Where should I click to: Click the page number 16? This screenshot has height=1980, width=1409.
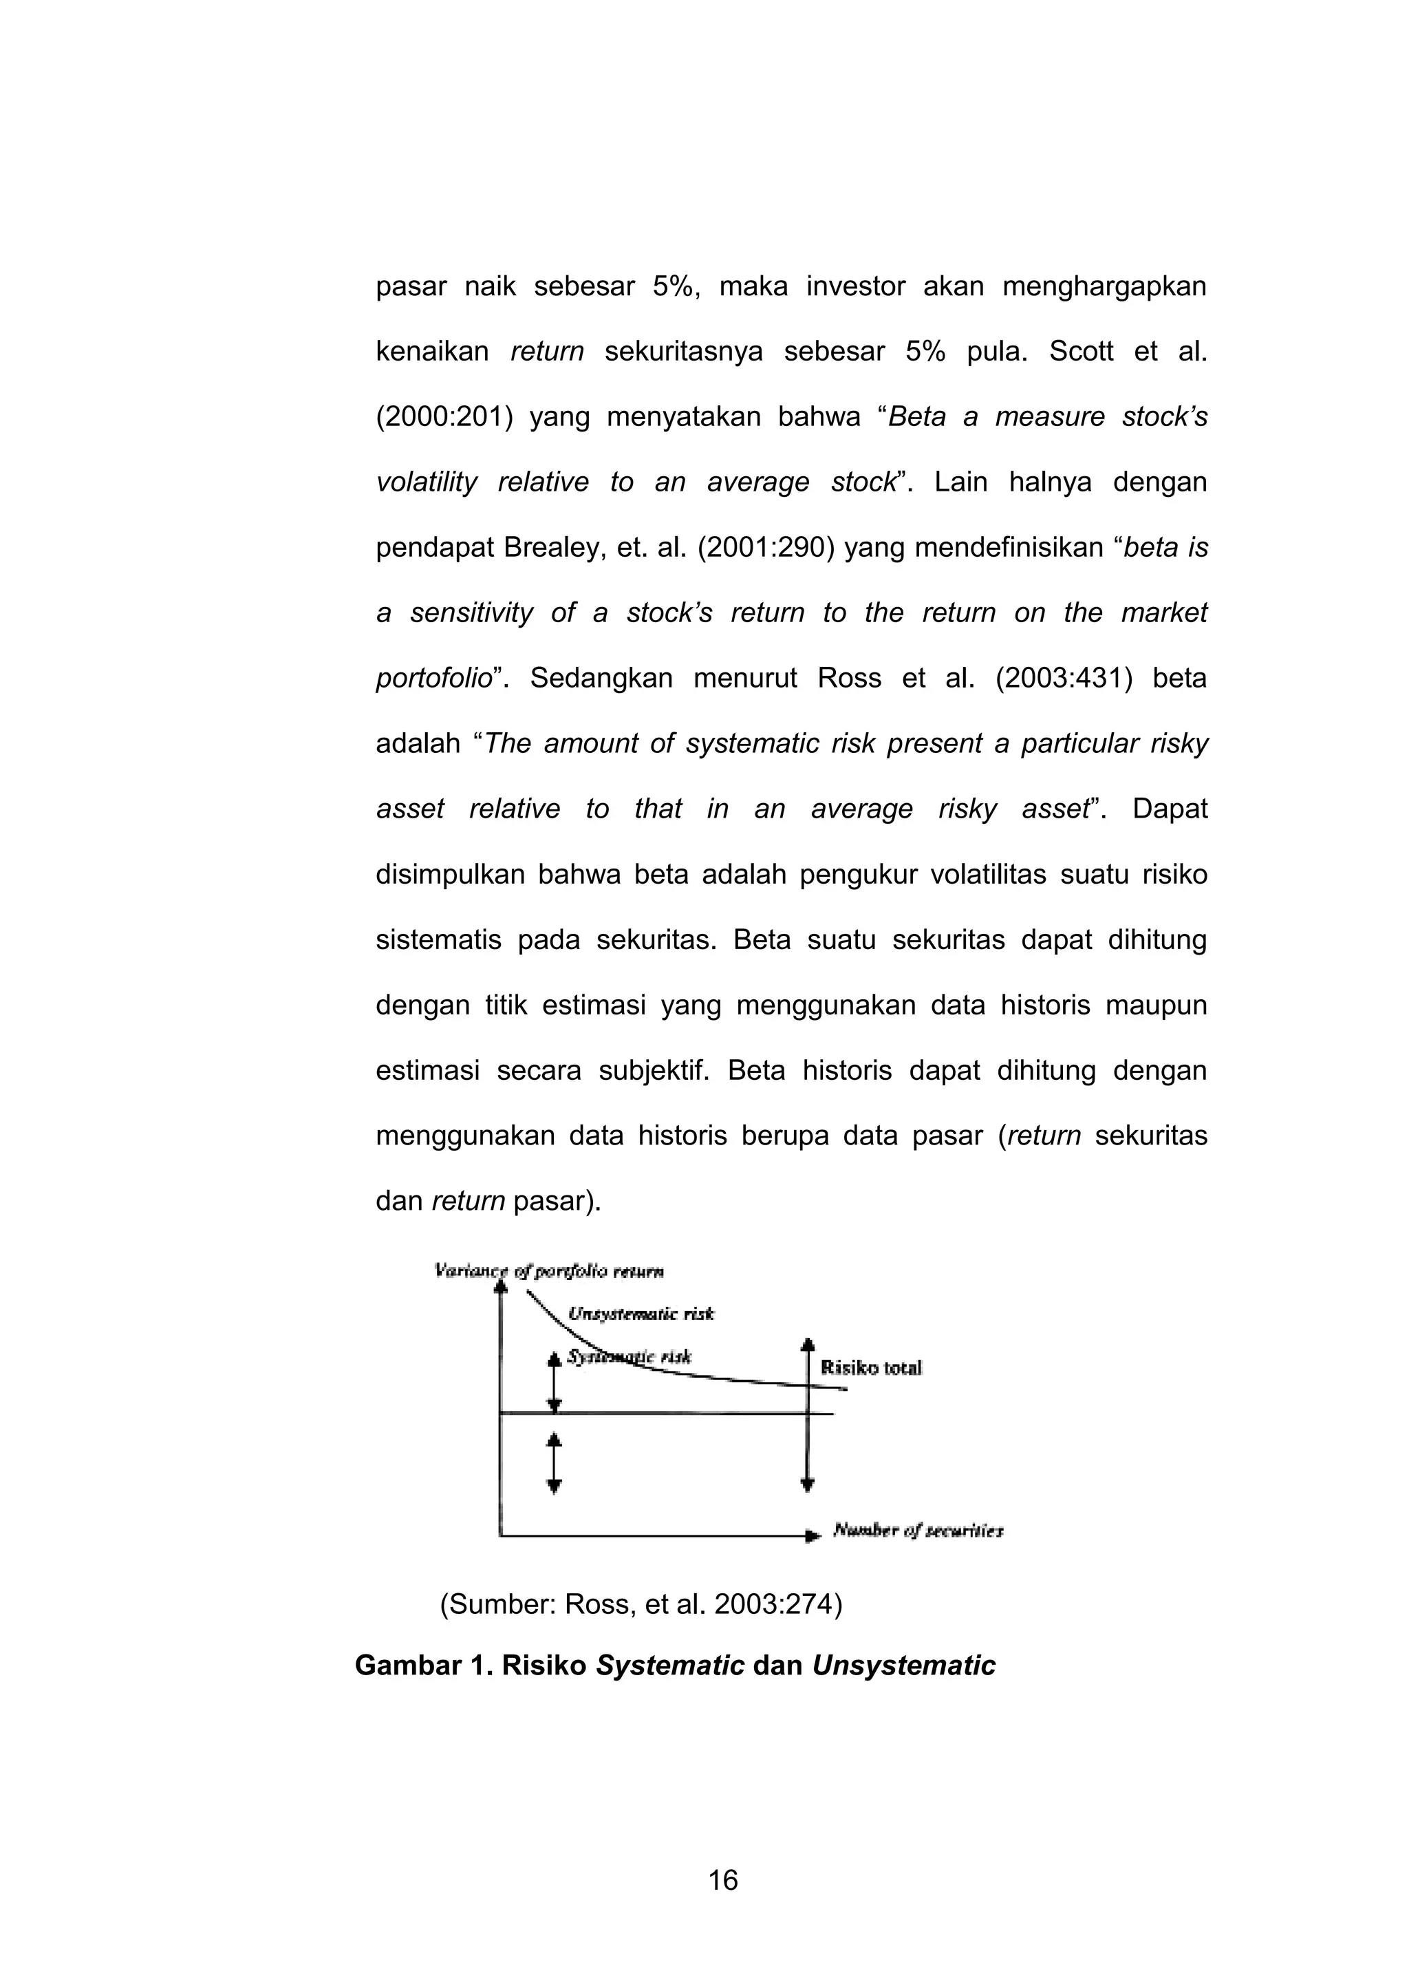point(722,1880)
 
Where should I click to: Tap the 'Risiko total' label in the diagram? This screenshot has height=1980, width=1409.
point(870,1368)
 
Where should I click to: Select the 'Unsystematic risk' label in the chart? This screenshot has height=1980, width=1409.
point(641,1314)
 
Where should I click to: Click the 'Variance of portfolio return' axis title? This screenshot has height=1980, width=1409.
point(548,1271)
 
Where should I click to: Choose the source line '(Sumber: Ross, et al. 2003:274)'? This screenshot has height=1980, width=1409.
point(641,1605)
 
